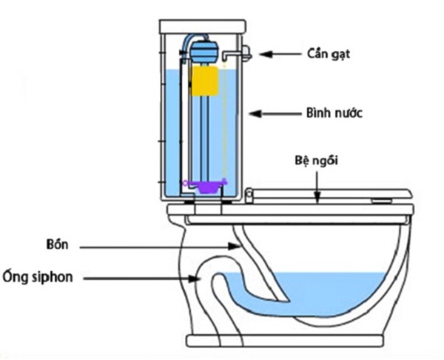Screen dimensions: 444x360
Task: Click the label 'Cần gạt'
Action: pyautogui.click(x=328, y=53)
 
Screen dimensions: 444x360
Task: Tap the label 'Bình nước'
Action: pyautogui.click(x=334, y=113)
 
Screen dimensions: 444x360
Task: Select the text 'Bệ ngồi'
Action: pyautogui.click(x=317, y=161)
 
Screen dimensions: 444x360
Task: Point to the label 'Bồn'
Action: pyautogui.click(x=57, y=244)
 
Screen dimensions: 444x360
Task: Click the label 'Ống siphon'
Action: pyautogui.click(x=38, y=276)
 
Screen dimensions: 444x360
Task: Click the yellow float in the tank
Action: pyautogui.click(x=205, y=81)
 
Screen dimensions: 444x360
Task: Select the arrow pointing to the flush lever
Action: pyautogui.click(x=280, y=54)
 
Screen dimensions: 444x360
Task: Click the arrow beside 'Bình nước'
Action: pyautogui.click(x=275, y=113)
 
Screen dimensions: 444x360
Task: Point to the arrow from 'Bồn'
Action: pyautogui.click(x=160, y=247)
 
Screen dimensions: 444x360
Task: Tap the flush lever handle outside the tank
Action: pyautogui.click(x=246, y=53)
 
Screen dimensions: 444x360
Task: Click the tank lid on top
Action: pyautogui.click(x=203, y=27)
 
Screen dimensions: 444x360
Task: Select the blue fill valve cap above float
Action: pyautogui.click(x=204, y=52)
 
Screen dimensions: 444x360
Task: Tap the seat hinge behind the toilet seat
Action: pyautogui.click(x=249, y=196)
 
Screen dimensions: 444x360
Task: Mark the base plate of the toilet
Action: pyautogui.click(x=285, y=341)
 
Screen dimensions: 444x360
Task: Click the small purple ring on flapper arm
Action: pyautogui.click(x=185, y=183)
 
